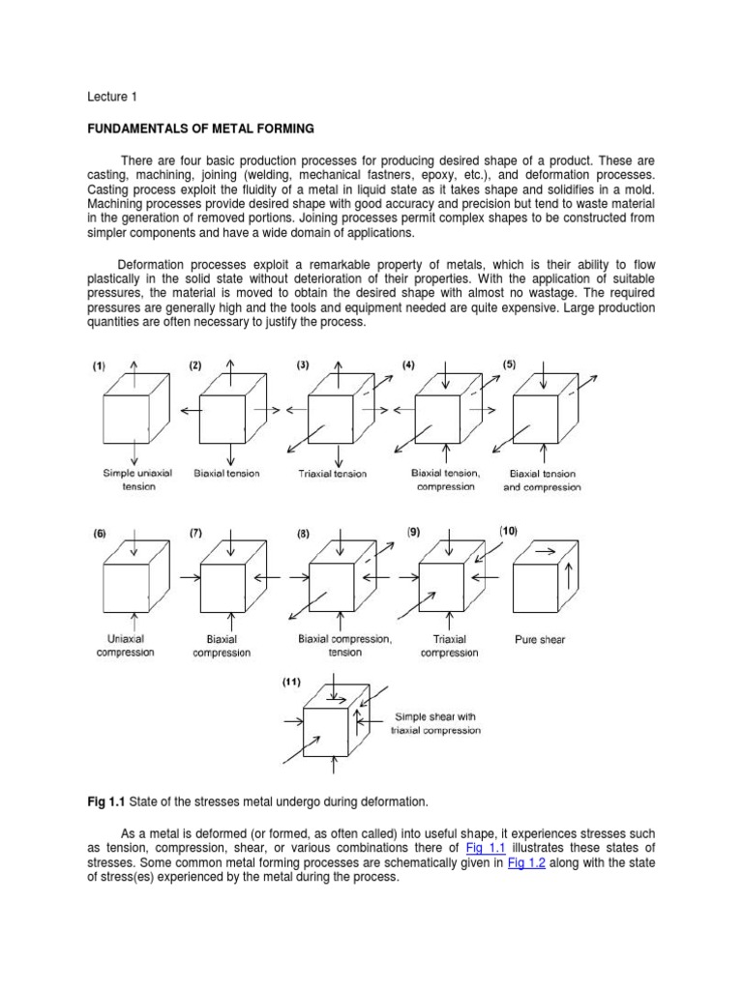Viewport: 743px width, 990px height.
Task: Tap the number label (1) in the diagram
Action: (99, 365)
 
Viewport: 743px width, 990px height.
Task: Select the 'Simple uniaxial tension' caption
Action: (131, 480)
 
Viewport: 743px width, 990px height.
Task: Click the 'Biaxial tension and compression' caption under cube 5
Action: (542, 480)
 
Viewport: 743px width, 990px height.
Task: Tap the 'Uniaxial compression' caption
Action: (125, 645)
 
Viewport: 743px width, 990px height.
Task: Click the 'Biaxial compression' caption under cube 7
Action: (228, 646)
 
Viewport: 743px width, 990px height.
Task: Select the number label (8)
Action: (303, 533)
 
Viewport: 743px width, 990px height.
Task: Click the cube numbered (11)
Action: (332, 726)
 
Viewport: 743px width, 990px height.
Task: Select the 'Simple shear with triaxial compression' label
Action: (434, 723)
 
